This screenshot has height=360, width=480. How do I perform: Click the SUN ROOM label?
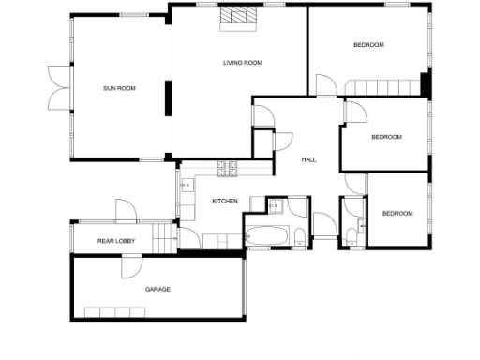point(120,88)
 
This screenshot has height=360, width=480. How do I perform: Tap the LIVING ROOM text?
point(242,63)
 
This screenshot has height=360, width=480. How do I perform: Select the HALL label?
point(308,159)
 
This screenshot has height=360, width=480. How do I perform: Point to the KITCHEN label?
point(225,202)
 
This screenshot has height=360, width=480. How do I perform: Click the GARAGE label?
point(157,289)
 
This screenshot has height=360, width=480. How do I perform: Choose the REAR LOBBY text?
point(117,242)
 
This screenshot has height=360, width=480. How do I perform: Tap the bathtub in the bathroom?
point(268,235)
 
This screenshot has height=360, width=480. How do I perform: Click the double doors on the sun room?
point(56,88)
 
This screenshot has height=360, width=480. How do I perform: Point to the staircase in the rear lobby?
point(166,239)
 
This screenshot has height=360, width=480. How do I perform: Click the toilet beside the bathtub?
point(298,234)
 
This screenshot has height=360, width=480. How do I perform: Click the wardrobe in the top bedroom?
point(384,87)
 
